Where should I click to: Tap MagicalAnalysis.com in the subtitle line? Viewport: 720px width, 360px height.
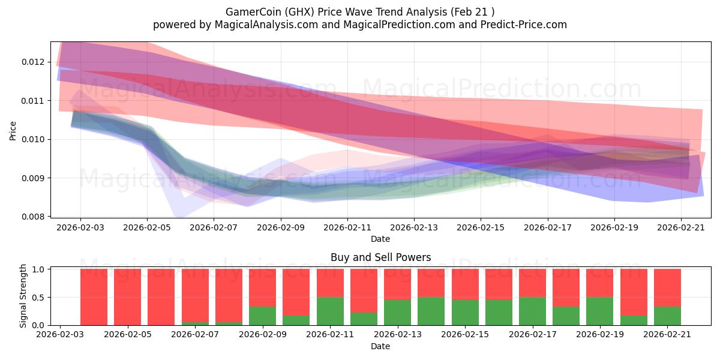click(266, 25)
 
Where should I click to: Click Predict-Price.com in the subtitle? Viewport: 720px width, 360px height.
click(524, 25)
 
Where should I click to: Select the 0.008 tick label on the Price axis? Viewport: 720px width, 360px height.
click(32, 217)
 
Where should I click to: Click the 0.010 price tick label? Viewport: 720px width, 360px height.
click(32, 139)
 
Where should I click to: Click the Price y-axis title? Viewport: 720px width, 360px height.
click(13, 131)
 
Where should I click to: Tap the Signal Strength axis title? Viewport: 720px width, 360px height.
click(23, 296)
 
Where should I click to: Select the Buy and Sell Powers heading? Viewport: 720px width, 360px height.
click(380, 257)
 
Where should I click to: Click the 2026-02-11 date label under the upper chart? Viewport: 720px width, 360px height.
click(347, 227)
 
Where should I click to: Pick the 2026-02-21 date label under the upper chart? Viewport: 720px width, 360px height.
click(681, 227)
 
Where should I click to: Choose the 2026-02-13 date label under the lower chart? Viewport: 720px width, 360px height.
click(398, 334)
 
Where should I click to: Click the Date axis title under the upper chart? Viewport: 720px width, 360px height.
click(380, 239)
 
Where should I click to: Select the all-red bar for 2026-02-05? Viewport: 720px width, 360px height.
click(127, 297)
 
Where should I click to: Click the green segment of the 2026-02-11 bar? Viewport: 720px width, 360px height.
click(330, 311)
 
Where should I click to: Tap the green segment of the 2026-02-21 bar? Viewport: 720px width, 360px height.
click(667, 316)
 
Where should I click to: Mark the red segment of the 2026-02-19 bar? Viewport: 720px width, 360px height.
click(600, 283)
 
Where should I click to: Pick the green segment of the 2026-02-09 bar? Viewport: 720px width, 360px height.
click(262, 316)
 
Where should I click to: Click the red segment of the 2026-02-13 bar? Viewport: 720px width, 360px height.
click(397, 284)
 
